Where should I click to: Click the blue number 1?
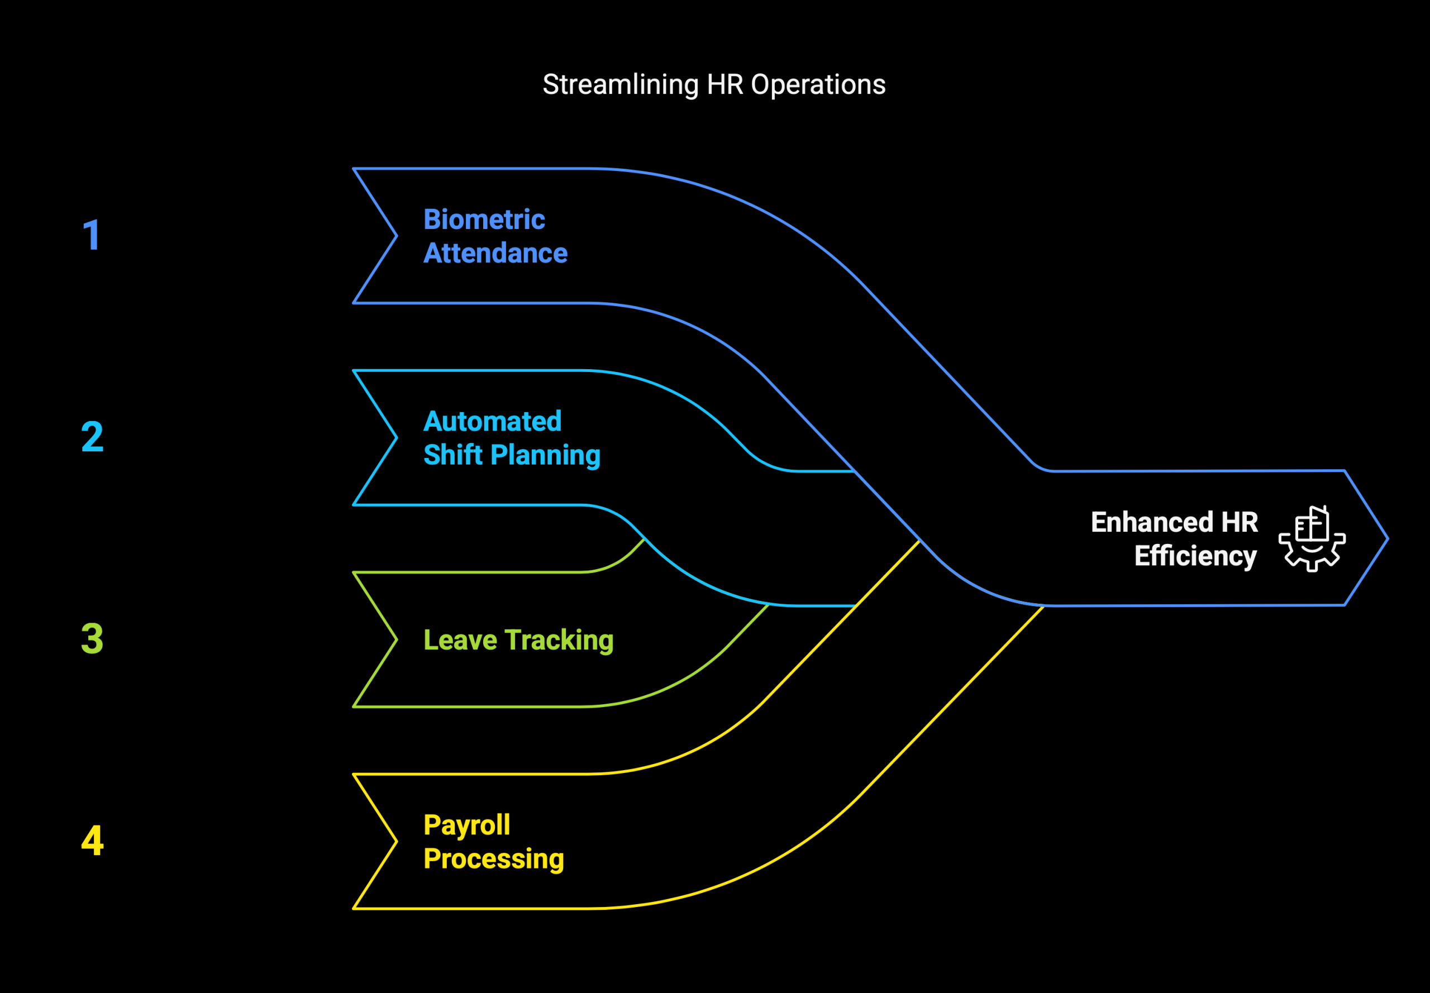[92, 235]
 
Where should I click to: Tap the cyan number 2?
[92, 437]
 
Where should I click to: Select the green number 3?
[92, 638]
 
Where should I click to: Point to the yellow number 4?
[92, 841]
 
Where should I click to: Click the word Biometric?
[484, 219]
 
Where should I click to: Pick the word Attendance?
[495, 253]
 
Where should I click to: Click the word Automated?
[492, 421]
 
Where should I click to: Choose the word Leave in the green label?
[460, 639]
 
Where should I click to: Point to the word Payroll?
[467, 825]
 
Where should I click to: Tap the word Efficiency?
[1195, 556]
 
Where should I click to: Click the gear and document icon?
[1312, 539]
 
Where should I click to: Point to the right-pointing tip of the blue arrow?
[1388, 539]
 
